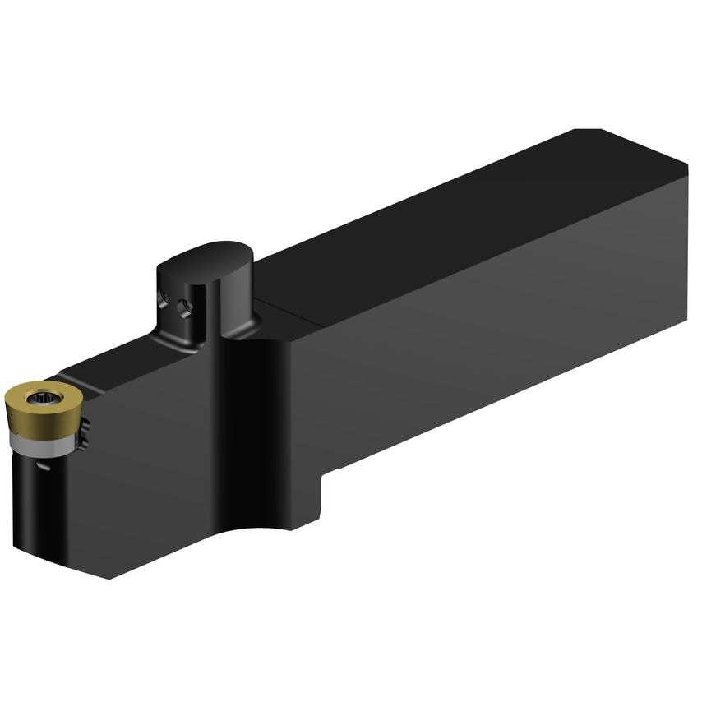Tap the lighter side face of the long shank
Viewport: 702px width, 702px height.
pyautogui.click(x=493, y=329)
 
